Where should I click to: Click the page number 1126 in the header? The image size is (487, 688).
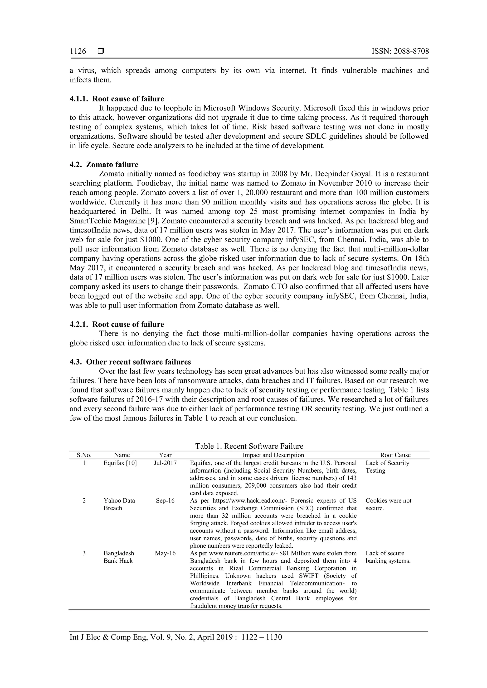[78, 51]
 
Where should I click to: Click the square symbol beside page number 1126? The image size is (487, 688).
[101, 51]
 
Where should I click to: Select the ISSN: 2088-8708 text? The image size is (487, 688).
[400, 51]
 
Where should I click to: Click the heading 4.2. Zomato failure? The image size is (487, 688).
[104, 165]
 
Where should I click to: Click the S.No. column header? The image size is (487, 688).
[84, 455]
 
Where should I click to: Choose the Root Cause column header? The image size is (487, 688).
[395, 455]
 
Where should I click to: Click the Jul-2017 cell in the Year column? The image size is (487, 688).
[165, 463]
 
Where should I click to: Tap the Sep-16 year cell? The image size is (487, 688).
[165, 501]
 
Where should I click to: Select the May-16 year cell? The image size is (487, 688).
[165, 553]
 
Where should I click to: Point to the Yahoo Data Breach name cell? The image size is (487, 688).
[119, 504]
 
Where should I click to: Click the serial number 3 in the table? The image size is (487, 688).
[84, 553]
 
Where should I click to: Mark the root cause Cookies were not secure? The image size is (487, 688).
[388, 504]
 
